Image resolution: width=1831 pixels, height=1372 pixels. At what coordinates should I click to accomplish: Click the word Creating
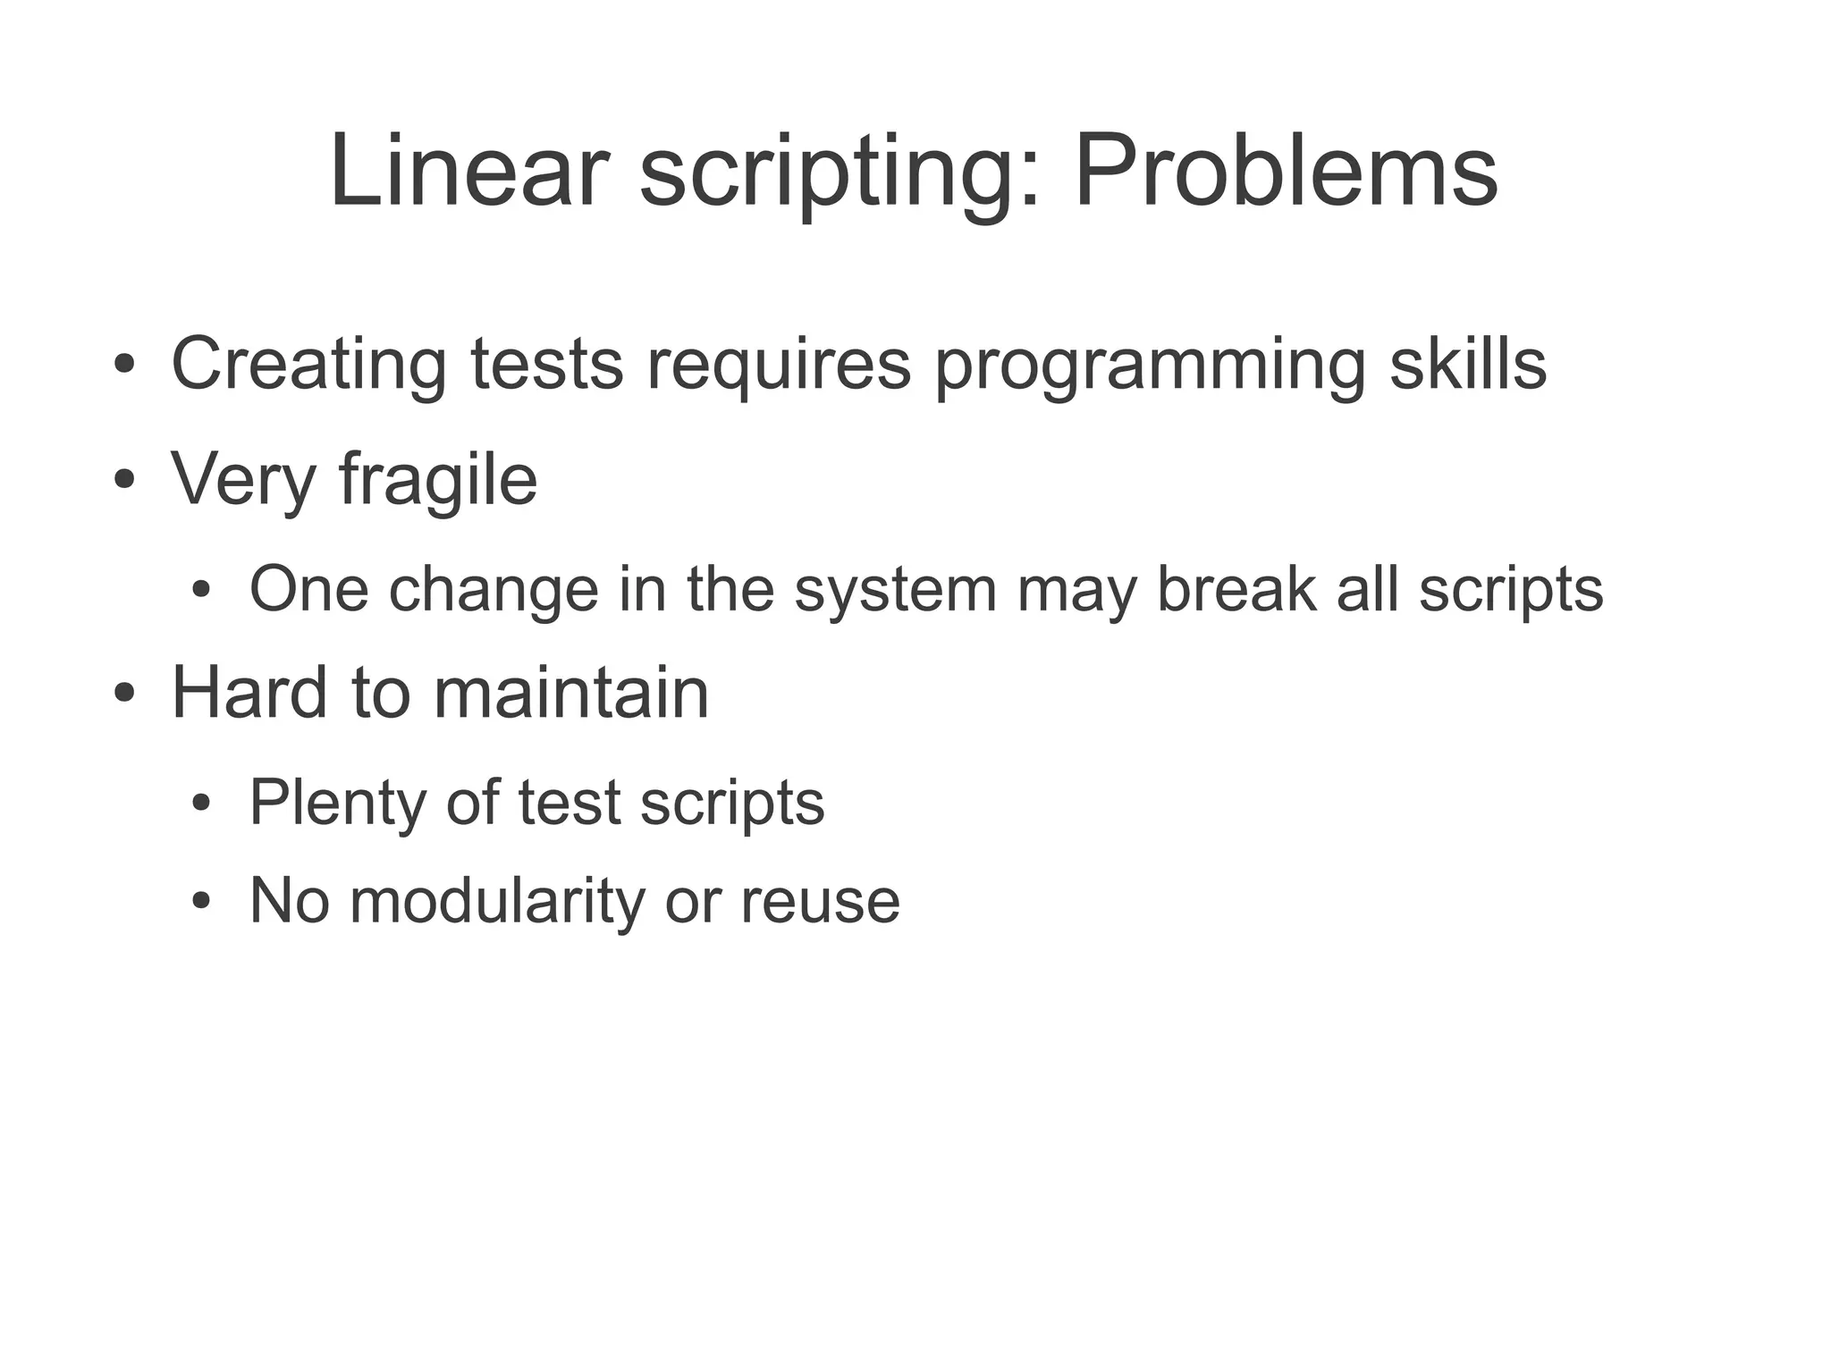(308, 365)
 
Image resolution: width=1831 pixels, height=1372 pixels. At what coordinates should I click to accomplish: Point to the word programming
(1150, 366)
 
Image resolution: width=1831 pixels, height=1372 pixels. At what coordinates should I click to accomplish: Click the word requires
(778, 366)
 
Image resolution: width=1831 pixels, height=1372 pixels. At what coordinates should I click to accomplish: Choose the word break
(1236, 589)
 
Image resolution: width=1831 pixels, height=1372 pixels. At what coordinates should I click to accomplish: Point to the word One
(308, 589)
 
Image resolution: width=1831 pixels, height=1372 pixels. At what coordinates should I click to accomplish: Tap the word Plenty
(337, 804)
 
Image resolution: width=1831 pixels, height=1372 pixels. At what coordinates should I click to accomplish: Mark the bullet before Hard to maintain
(124, 694)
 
